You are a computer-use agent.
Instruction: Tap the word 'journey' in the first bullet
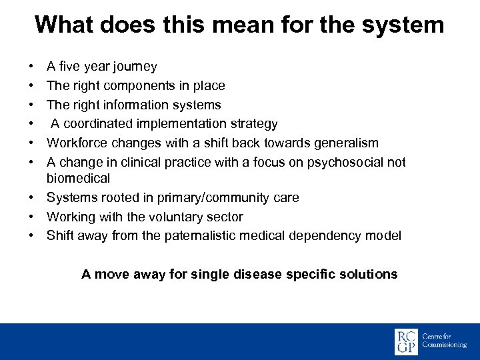[135, 67]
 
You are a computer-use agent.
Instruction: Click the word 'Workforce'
[75, 143]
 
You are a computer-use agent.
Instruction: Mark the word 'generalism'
[346, 143]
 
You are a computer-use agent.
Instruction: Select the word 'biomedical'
[78, 179]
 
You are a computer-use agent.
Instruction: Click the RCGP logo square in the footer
[406, 341]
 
